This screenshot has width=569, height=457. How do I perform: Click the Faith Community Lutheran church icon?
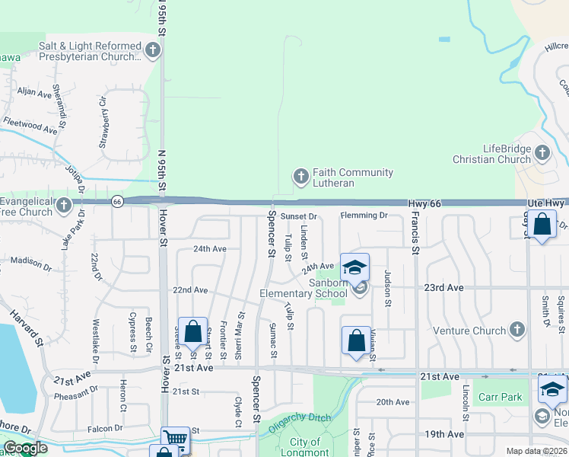[x=300, y=177]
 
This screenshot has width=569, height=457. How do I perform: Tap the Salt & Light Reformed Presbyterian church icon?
[x=153, y=51]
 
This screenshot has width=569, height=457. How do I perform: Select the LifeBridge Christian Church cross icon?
[x=542, y=153]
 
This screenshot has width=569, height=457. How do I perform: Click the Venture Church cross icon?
[x=517, y=330]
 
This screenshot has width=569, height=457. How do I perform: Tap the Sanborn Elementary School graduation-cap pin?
[x=354, y=267]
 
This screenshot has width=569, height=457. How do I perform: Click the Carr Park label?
[x=499, y=397]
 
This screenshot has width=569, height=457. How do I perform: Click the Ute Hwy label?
[x=546, y=203]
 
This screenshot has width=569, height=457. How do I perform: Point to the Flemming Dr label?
[x=364, y=216]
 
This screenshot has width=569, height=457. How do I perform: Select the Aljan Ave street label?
[x=34, y=93]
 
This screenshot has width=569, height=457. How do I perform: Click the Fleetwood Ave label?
[x=30, y=124]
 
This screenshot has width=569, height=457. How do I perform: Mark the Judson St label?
[x=387, y=288]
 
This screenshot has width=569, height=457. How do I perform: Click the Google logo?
[x=24, y=449]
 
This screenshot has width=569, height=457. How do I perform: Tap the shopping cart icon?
[x=176, y=438]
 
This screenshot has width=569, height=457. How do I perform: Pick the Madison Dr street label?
[x=31, y=264]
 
